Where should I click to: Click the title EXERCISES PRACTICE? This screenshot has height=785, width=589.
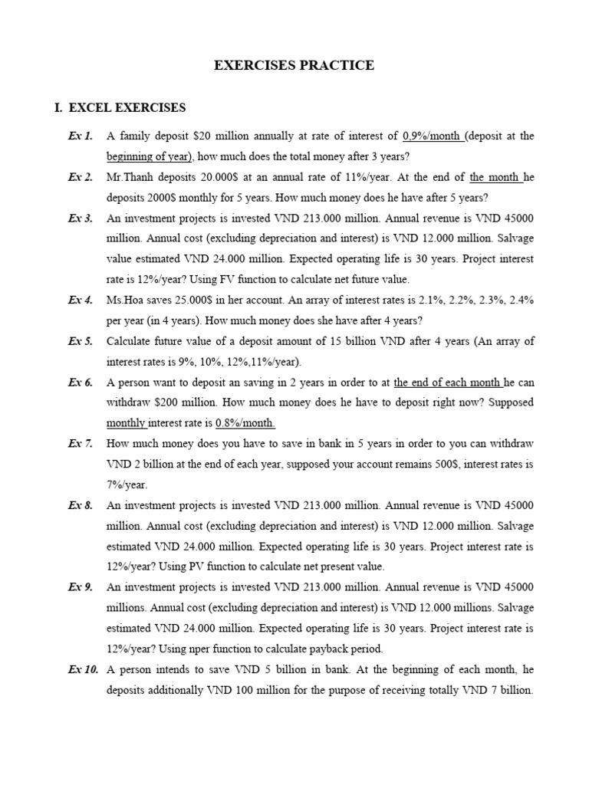[x=294, y=65]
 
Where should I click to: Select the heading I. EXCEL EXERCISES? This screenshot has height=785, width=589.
[x=119, y=107]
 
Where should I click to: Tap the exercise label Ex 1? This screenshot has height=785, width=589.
[x=80, y=136]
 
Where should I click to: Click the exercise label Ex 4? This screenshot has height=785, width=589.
[x=80, y=300]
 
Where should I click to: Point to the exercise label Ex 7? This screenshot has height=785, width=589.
[x=80, y=444]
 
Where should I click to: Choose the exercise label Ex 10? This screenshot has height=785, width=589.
[x=83, y=669]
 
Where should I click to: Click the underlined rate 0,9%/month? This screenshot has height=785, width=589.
[x=432, y=136]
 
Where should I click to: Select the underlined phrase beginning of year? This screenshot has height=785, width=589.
[x=150, y=156]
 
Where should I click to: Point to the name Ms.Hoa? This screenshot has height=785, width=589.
[x=125, y=300]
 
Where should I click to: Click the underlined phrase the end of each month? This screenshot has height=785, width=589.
[x=448, y=382]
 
